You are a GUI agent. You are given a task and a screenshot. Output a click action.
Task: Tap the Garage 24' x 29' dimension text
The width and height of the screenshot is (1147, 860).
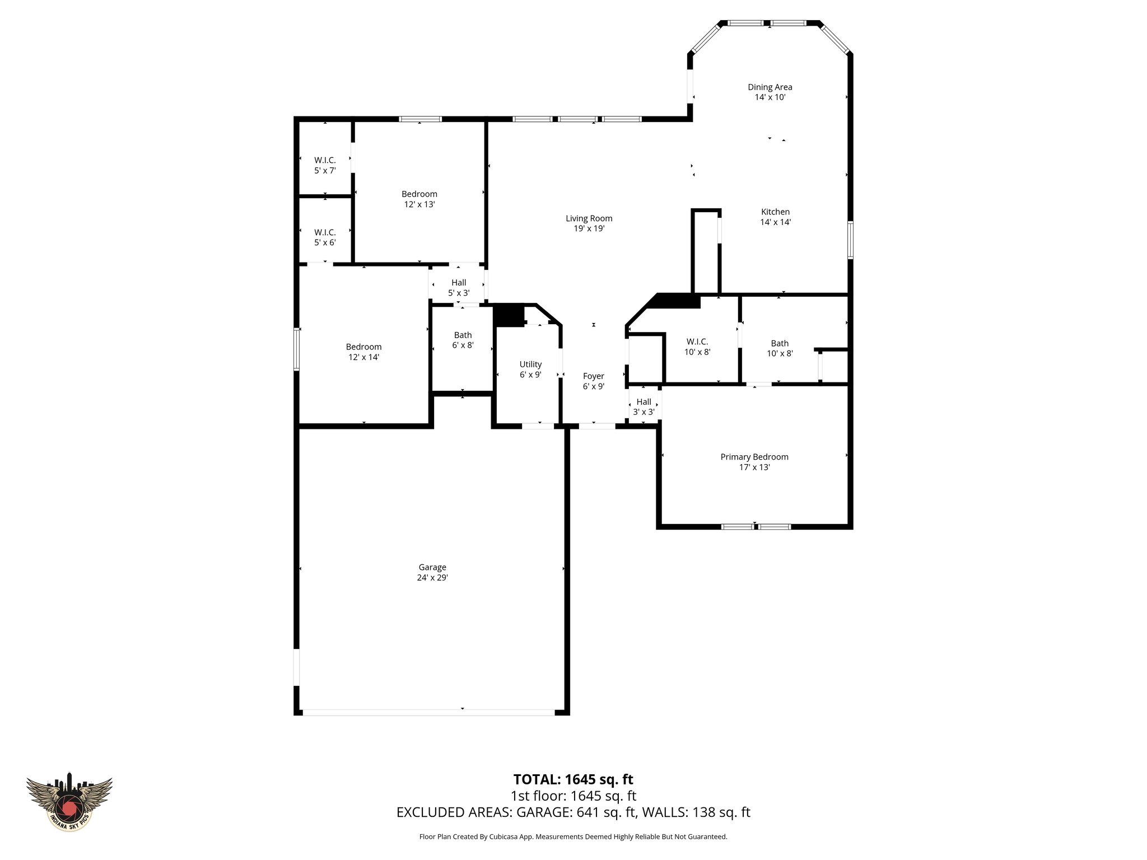click(x=432, y=578)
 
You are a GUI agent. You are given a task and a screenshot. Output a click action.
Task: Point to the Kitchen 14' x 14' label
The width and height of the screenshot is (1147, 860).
click(x=775, y=217)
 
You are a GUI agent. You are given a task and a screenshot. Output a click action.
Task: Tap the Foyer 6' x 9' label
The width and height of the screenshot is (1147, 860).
click(x=593, y=381)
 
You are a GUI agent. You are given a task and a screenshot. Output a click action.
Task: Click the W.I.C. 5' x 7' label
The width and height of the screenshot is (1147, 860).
click(x=325, y=165)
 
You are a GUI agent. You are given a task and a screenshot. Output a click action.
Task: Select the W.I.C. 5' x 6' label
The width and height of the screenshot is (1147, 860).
click(x=325, y=237)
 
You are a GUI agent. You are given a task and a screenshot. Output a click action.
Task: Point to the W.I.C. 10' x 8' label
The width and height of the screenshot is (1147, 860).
click(x=697, y=347)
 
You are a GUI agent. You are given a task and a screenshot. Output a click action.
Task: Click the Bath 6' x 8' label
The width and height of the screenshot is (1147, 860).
click(x=463, y=340)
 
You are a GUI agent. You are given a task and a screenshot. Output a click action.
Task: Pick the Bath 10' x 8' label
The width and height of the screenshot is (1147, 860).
click(x=779, y=348)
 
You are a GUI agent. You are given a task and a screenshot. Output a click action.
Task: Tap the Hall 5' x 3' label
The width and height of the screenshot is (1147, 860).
click(x=458, y=288)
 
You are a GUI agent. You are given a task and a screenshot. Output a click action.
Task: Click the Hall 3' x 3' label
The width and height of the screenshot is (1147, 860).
click(x=644, y=406)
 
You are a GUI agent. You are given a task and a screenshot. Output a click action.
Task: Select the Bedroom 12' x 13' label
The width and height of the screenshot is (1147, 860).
click(x=419, y=199)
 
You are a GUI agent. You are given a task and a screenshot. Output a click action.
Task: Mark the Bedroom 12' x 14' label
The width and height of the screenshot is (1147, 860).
click(x=363, y=352)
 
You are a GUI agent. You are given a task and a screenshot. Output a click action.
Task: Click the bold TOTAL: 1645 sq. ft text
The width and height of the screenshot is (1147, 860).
click(x=573, y=779)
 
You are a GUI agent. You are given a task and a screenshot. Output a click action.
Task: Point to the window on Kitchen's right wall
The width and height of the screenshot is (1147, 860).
click(x=850, y=240)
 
